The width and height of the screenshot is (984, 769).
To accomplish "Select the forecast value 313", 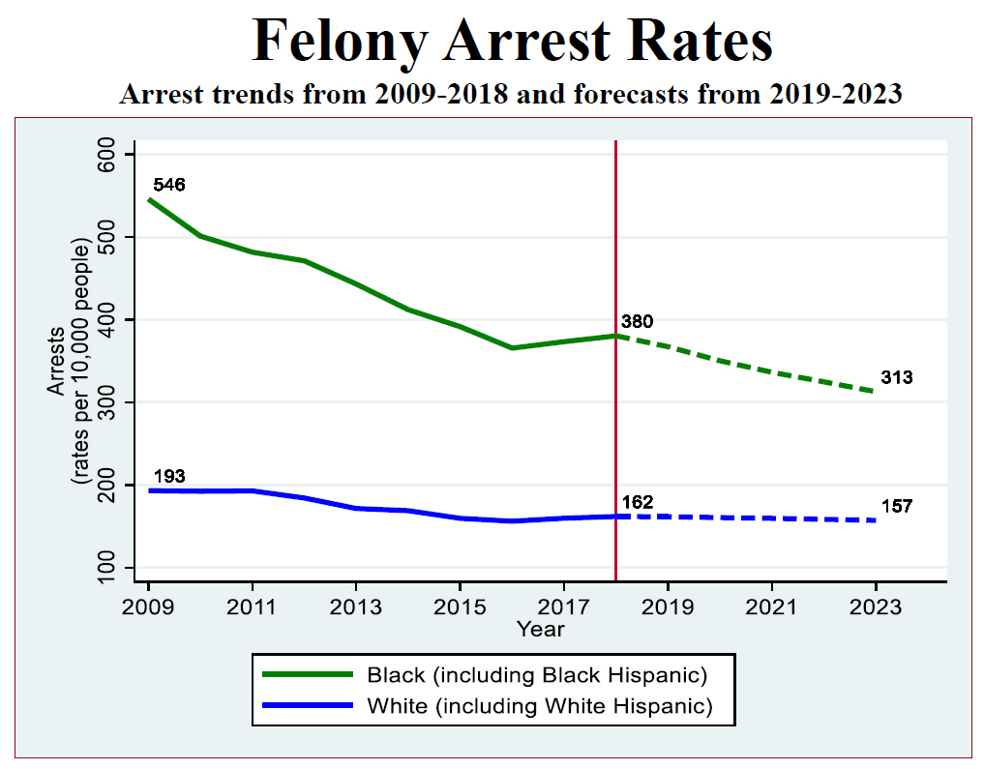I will click(897, 378).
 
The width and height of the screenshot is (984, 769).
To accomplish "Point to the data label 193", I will click(169, 477).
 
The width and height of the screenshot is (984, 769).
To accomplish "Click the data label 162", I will click(638, 502).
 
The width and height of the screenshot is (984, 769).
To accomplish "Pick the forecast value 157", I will click(897, 507).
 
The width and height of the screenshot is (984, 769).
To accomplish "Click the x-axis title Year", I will click(540, 629).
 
